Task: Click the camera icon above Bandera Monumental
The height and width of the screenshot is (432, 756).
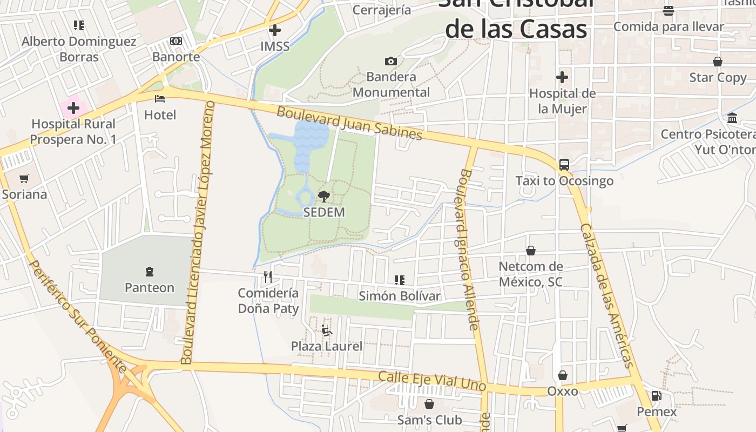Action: (x=391, y=61)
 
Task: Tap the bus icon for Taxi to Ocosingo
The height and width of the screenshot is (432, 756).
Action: (x=564, y=164)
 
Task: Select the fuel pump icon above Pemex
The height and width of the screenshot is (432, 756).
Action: (x=656, y=395)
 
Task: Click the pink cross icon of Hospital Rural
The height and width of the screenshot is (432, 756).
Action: (x=73, y=108)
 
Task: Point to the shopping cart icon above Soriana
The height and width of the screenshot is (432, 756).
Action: (x=24, y=178)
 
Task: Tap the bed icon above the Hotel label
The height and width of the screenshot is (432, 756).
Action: (x=160, y=98)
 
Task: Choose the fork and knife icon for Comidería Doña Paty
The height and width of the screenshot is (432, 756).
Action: (x=268, y=277)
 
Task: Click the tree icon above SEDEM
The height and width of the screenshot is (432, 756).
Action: (x=323, y=196)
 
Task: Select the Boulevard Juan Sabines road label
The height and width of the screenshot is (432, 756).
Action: (x=349, y=124)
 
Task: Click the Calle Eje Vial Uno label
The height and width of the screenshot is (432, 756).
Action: (x=432, y=381)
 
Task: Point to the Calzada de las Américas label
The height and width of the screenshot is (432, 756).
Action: (x=606, y=295)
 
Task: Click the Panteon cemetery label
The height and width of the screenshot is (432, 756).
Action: (x=150, y=288)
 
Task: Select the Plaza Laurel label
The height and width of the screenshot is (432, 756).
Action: (x=327, y=346)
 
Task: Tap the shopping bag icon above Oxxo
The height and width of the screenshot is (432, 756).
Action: (x=563, y=375)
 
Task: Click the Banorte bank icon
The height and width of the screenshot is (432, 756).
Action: (x=176, y=41)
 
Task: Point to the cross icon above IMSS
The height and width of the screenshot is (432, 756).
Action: (x=275, y=30)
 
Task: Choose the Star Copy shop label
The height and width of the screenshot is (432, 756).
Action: (x=718, y=78)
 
